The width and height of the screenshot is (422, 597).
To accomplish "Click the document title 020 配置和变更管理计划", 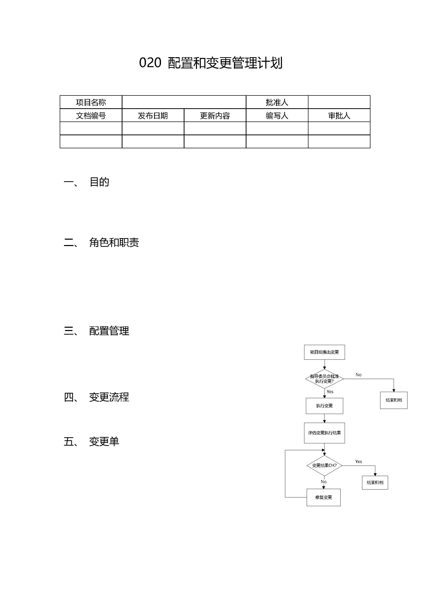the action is pyautogui.click(x=211, y=63).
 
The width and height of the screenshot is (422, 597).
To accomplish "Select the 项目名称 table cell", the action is pyautogui.click(x=91, y=102).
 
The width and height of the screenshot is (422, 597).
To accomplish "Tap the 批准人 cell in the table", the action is pyautogui.click(x=277, y=102).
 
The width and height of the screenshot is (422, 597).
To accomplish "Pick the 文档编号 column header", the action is pyautogui.click(x=91, y=115).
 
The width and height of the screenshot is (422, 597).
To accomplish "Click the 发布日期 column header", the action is pyautogui.click(x=153, y=115).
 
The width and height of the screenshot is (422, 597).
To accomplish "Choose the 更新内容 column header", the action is pyautogui.click(x=215, y=115).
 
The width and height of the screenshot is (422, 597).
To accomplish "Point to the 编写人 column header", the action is pyautogui.click(x=277, y=115).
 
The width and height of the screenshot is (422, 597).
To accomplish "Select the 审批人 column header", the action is pyautogui.click(x=339, y=115).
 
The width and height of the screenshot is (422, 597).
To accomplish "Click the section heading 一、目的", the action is pyautogui.click(x=86, y=182).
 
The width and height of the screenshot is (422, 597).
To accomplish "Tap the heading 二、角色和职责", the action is pyautogui.click(x=101, y=242).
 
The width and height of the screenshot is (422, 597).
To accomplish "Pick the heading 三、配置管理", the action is pyautogui.click(x=96, y=331).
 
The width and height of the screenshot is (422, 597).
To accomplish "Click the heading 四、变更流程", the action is pyautogui.click(x=96, y=397).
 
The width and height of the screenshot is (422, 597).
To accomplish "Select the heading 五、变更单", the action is pyautogui.click(x=92, y=441).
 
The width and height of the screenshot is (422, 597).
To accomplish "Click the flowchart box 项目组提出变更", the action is pyautogui.click(x=324, y=352).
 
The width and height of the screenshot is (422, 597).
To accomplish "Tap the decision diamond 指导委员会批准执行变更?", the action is pyautogui.click(x=324, y=379).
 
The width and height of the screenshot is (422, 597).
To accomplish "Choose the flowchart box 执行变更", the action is pyautogui.click(x=324, y=406).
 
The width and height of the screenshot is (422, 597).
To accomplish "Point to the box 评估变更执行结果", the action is pyautogui.click(x=324, y=433).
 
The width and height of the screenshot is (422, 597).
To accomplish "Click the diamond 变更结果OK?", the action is pyautogui.click(x=324, y=466).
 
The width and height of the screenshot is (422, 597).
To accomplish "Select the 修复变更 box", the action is pyautogui.click(x=324, y=497).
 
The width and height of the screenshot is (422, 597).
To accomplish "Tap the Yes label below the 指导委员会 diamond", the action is pyautogui.click(x=330, y=392).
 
